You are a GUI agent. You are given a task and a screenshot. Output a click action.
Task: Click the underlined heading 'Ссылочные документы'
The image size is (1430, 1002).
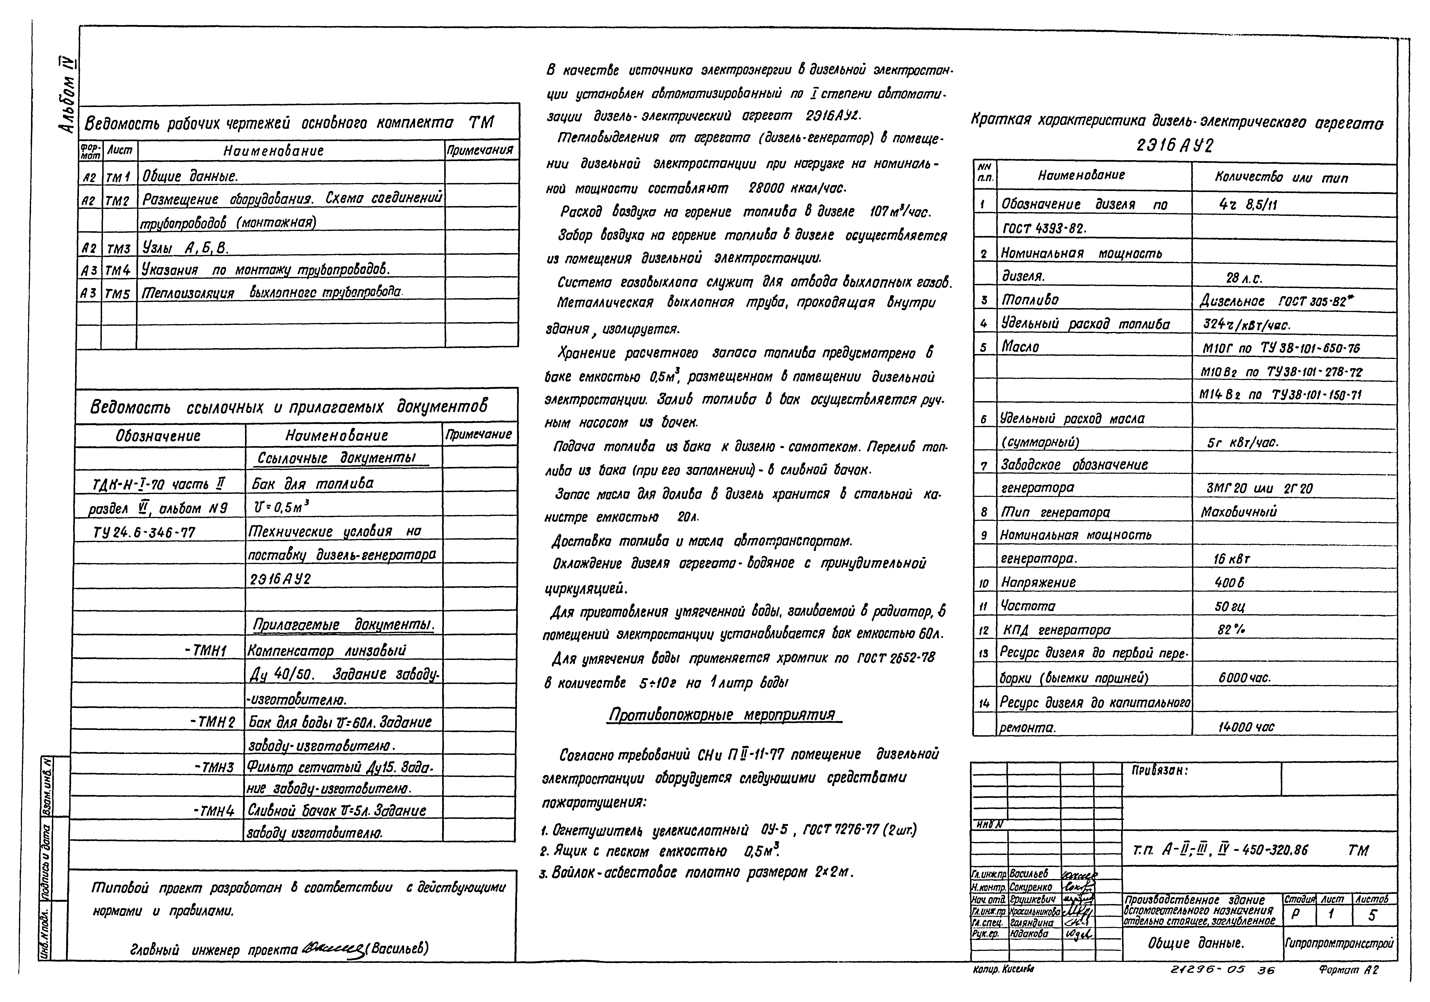coord(343,458)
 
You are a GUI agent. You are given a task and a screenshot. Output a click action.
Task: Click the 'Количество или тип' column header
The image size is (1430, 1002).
coord(1281,178)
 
